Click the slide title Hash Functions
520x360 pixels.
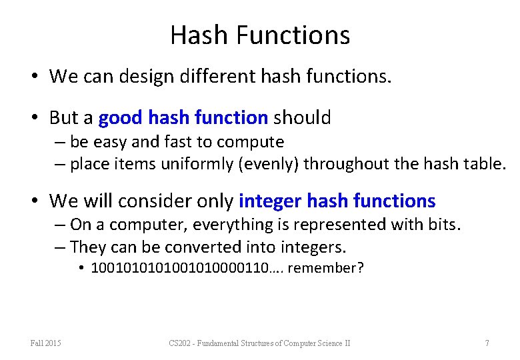[260, 35]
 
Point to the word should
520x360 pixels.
[301, 118]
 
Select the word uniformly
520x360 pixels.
[197, 164]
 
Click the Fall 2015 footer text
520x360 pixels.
[45, 343]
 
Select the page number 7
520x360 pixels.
[487, 343]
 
